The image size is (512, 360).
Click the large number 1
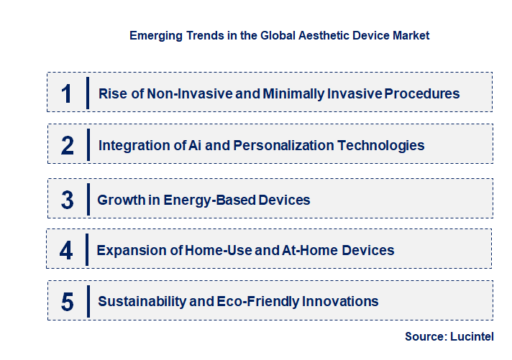[67, 93]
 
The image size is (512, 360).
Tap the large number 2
[68, 146]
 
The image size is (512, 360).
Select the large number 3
[68, 200]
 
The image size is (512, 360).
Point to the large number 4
[67, 251]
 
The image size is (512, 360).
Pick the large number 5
[68, 302]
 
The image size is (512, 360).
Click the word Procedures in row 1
[421, 93]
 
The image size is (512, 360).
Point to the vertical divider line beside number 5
[88, 301]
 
